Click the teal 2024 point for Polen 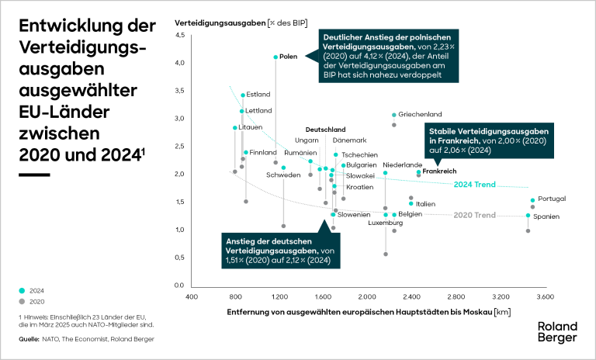click(x=275, y=57)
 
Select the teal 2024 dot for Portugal click(x=533, y=200)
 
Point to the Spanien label click(x=546, y=216)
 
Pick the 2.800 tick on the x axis click(x=456, y=296)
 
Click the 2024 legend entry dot click(x=22, y=289)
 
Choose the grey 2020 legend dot click(x=22, y=300)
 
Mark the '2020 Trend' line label click(x=473, y=215)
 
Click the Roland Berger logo click(x=557, y=332)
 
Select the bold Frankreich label click(x=439, y=171)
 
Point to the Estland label click(x=258, y=95)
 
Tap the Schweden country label click(x=283, y=175)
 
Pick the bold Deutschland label click(x=325, y=129)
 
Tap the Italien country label click(x=425, y=204)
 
